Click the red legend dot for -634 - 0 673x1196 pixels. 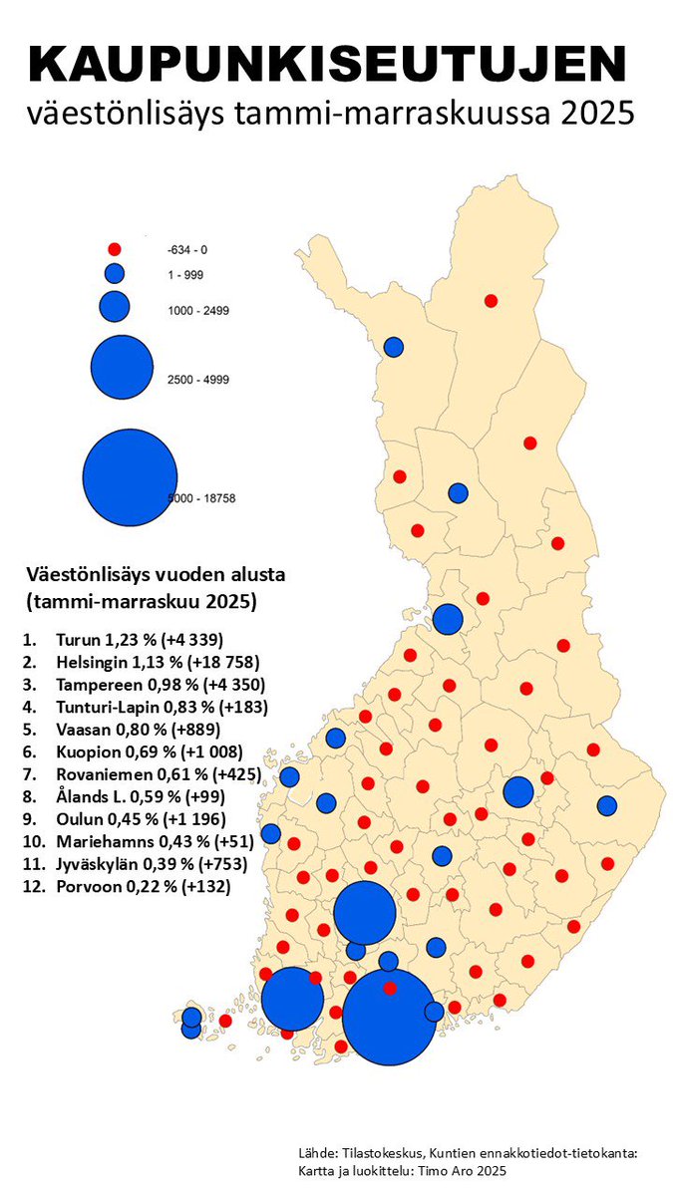pos(114,249)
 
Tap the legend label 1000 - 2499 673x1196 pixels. pos(198,311)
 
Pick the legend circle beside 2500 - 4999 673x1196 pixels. pos(121,366)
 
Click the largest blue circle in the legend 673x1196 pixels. pos(130,476)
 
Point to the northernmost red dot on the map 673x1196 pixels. pos(491,301)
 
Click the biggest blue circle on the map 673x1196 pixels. pos(388,1017)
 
